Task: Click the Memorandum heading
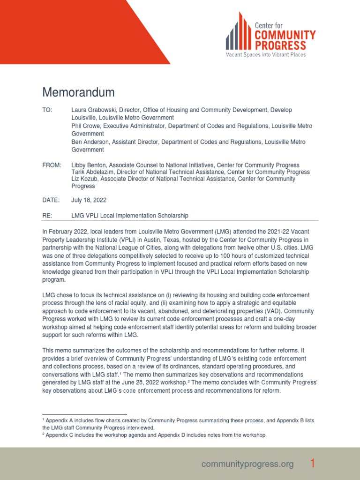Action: coord(78,92)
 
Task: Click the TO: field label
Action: coord(48,110)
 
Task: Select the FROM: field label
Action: coord(52,165)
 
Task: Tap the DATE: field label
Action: coord(51,200)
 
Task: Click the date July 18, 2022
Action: coord(89,200)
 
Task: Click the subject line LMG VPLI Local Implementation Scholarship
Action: coord(129,216)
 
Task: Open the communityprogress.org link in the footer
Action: coord(247,464)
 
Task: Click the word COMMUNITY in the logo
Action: coord(285,35)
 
